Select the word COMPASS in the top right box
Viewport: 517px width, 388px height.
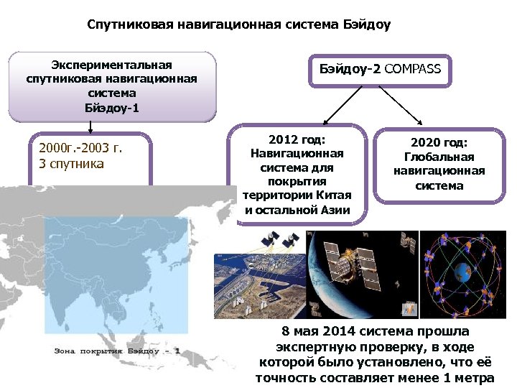(413, 70)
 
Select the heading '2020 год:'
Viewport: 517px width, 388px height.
(439, 143)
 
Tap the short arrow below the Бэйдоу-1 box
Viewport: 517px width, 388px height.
(90, 126)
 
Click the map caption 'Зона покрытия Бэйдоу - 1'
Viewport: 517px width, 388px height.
(118, 352)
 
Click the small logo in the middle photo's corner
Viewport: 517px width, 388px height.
(407, 310)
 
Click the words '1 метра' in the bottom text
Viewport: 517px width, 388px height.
(470, 378)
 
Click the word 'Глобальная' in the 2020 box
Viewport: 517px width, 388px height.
(439, 157)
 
